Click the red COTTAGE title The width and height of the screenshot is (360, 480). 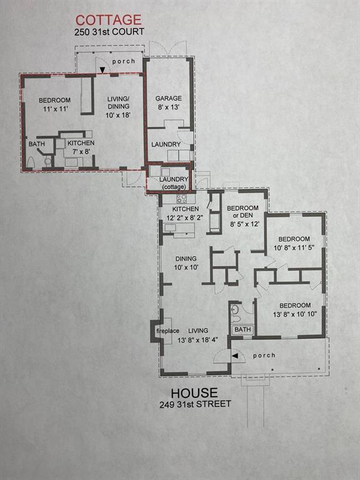coord(108,20)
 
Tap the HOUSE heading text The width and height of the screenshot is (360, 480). coord(194,392)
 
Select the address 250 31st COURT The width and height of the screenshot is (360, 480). coord(109,31)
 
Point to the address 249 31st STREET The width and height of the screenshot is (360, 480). coord(195,404)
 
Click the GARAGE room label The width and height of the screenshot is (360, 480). coord(168,98)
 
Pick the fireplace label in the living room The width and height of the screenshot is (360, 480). coord(167,331)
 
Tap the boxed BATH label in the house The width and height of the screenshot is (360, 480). coord(242,330)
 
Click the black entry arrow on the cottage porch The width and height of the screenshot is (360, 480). coord(102,70)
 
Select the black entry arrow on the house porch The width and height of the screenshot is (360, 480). coord(235,356)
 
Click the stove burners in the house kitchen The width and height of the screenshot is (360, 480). coord(181,199)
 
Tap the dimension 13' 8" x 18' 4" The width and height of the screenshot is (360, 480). coord(197,340)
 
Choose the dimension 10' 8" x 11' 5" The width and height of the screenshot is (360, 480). coord(294,247)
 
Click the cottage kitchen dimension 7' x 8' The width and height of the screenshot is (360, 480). coord(81,151)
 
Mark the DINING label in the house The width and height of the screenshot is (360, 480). coord(186,258)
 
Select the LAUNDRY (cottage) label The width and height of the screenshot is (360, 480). coord(174,182)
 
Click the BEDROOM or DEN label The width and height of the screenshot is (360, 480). coord(242,212)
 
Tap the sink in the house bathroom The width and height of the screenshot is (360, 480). coord(235,309)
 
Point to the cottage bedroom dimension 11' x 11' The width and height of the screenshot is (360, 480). coord(55,108)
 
